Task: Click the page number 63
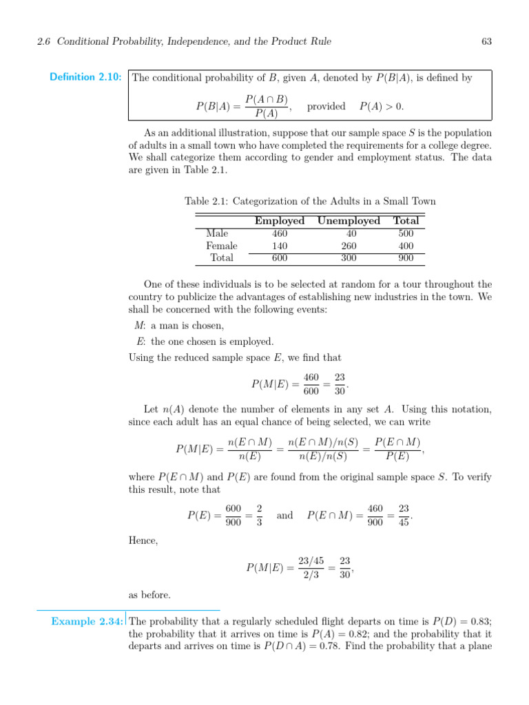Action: click(486, 41)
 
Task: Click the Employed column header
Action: click(280, 221)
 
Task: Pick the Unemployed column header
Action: click(349, 221)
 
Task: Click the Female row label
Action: click(222, 246)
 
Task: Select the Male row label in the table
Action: click(218, 233)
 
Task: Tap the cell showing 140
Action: click(280, 246)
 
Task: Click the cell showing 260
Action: click(349, 246)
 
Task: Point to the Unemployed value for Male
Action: click(349, 233)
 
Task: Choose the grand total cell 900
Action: click(406, 258)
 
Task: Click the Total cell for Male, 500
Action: click(406, 233)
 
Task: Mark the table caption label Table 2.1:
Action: click(207, 201)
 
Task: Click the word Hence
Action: click(143, 541)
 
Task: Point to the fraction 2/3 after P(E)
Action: click(259, 516)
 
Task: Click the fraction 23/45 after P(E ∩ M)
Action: click(404, 516)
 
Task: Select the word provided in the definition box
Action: click(326, 107)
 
